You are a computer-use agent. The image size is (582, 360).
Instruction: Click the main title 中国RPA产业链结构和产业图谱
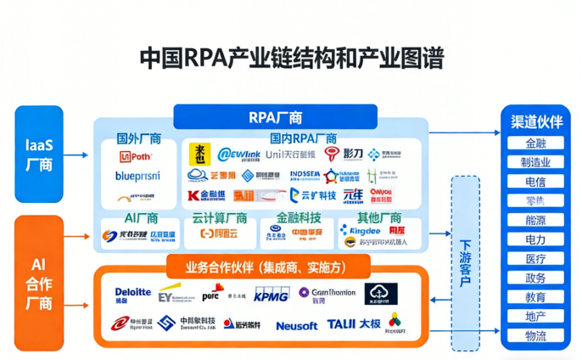coord(291,59)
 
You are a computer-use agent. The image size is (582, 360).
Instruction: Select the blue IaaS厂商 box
coord(39,154)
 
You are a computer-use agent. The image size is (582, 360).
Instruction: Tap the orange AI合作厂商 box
coord(39,284)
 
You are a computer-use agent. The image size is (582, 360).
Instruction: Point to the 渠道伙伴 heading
coord(535,122)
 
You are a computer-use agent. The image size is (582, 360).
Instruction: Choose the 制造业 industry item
coord(535,162)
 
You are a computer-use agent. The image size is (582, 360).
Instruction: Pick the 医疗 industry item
coord(535,259)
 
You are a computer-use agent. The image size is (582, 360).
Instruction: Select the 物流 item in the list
coord(535,336)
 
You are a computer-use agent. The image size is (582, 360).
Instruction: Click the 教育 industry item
coord(535,297)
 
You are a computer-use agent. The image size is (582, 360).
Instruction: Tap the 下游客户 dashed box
coord(466,263)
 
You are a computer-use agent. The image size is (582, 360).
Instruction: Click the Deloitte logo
coord(133,294)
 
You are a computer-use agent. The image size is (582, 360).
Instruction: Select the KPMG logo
coord(270,295)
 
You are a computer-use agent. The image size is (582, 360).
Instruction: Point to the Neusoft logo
coord(297,325)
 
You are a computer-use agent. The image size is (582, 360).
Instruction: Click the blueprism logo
coord(137,177)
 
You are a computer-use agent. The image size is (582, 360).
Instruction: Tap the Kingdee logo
coord(361,231)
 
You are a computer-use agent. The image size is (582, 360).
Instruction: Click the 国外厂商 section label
coord(138,138)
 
